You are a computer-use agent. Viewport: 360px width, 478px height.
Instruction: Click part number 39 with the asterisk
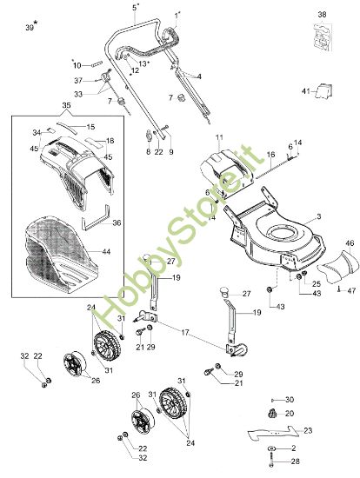(x=30, y=28)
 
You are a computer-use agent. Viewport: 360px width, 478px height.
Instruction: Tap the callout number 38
(x=323, y=15)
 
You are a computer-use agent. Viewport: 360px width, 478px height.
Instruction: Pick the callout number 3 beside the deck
(x=319, y=216)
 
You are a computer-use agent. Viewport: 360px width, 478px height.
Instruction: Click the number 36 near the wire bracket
(x=117, y=222)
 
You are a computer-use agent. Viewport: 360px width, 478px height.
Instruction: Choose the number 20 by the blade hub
(x=290, y=413)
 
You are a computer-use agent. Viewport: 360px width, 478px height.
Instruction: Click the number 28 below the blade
(x=295, y=461)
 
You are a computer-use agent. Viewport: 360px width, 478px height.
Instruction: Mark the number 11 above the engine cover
(x=219, y=138)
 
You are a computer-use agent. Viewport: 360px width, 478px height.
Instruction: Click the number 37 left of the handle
(x=78, y=80)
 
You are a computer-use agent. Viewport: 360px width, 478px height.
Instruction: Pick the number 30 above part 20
(x=290, y=399)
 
